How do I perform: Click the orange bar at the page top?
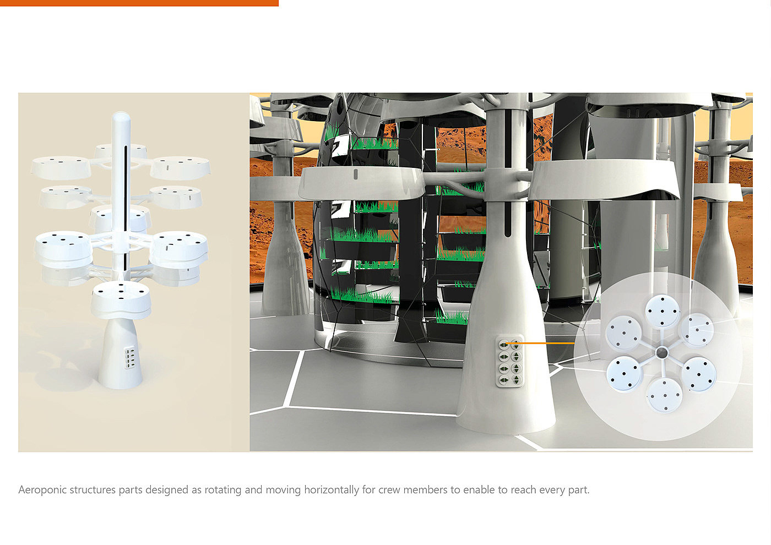[x=139, y=3]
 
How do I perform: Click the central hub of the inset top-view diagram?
[x=661, y=352]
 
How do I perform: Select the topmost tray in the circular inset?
[x=661, y=311]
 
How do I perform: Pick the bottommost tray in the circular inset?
[x=664, y=394]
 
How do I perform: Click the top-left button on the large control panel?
[x=503, y=345]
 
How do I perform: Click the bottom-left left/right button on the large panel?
[x=503, y=380]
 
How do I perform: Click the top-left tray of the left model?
[x=61, y=166]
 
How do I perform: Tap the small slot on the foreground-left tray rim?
[x=355, y=175]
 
